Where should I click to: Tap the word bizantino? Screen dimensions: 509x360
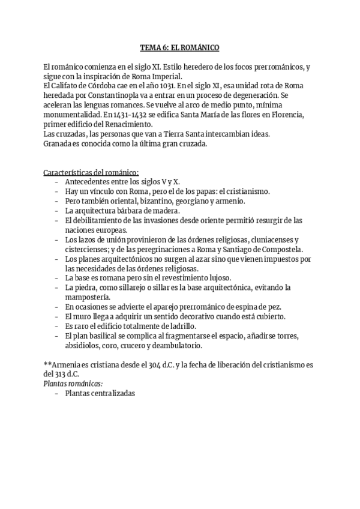click(x=151, y=201)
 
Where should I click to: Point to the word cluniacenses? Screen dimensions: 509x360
click(x=260, y=239)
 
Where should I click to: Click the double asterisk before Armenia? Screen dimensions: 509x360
click(x=49, y=365)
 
